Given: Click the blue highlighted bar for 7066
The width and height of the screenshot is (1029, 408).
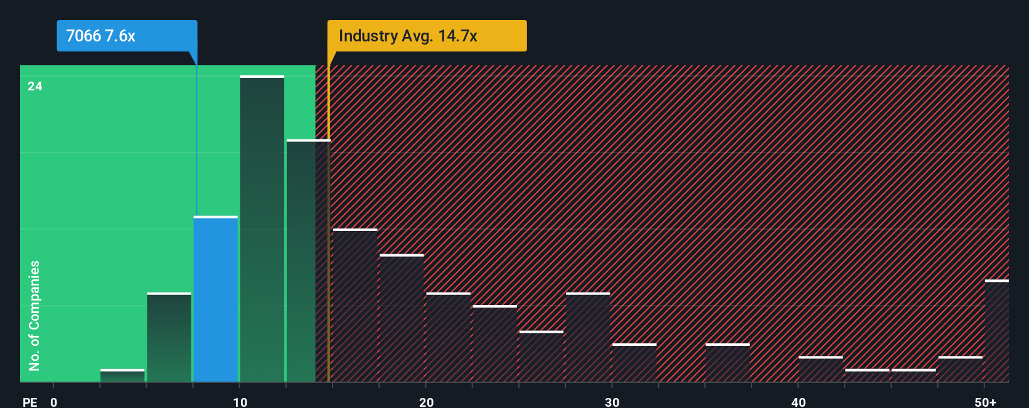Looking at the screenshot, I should point(216,299).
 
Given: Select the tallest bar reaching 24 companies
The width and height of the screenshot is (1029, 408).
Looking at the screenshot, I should point(262,229).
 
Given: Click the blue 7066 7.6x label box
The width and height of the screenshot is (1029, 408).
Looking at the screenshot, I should point(127,36).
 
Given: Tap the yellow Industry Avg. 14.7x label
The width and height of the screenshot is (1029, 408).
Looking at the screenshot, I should point(427,36).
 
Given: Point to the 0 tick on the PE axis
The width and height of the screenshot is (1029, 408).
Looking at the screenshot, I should point(54,402).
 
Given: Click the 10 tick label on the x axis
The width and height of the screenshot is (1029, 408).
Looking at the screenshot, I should point(240,402).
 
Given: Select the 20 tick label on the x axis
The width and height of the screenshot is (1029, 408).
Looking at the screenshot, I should point(426,402).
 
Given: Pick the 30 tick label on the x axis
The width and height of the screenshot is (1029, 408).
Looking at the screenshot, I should point(612,402).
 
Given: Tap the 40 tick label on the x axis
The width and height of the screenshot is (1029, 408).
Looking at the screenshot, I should point(798,402).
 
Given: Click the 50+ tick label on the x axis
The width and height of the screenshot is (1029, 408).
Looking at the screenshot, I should point(985,402).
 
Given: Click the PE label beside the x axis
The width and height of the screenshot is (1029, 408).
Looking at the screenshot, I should point(30,402).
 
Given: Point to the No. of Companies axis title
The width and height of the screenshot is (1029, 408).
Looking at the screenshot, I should point(35,315).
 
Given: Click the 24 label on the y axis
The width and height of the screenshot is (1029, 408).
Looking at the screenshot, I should point(35,87).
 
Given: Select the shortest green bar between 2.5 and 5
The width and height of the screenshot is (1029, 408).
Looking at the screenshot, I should point(122,375).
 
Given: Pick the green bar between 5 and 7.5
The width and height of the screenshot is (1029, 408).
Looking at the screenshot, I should point(169,337).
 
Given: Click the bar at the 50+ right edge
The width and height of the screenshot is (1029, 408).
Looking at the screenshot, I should point(996,331).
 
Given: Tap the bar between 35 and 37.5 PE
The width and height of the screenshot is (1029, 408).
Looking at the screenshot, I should point(727,363).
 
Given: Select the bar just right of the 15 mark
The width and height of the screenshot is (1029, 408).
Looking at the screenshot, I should point(355,305).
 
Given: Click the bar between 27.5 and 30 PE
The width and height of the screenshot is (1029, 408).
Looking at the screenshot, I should point(588,337).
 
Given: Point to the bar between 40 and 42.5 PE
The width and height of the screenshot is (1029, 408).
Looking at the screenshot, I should point(821,369).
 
